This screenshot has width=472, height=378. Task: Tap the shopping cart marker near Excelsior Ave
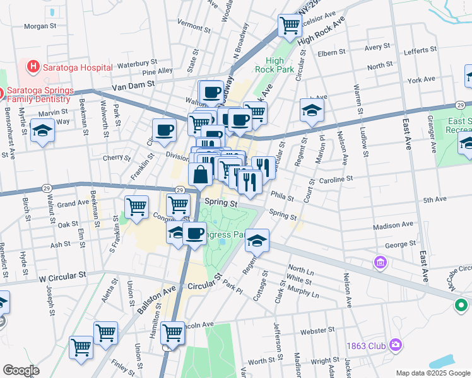(x=290, y=26)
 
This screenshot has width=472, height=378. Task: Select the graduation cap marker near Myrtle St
(x=43, y=131)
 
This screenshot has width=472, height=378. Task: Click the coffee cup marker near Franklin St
(x=164, y=130)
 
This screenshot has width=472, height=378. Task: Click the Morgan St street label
(x=40, y=26)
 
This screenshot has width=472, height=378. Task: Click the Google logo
(x=21, y=370)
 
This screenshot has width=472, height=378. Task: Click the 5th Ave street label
(x=435, y=200)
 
